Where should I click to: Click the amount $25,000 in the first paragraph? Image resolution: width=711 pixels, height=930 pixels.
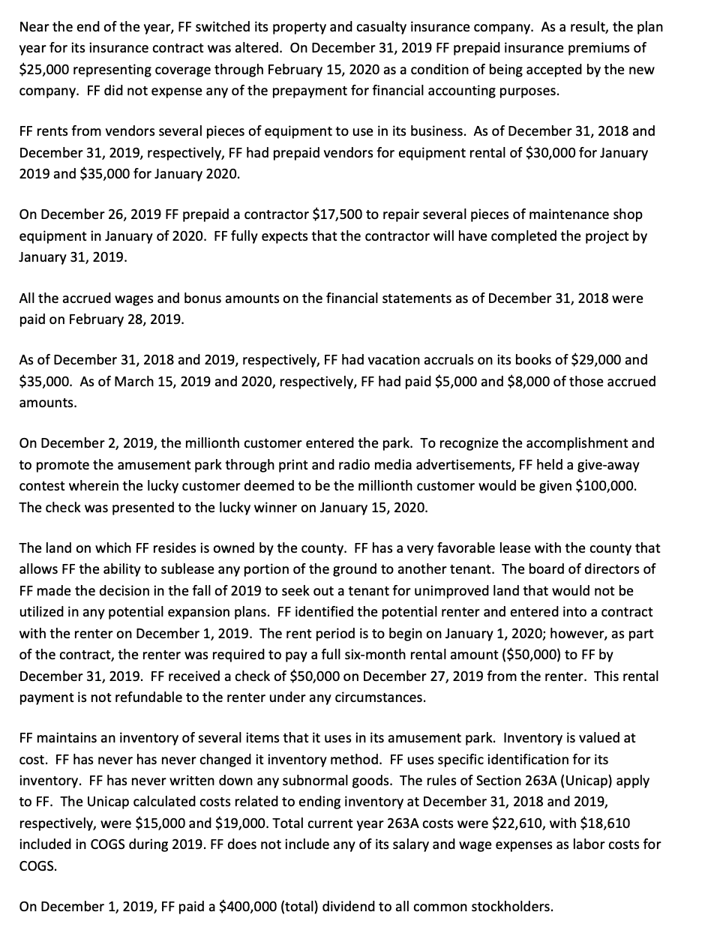pos(42,70)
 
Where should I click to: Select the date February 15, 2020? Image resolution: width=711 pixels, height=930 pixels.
pos(342,70)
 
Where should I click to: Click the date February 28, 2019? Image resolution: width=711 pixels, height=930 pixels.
pos(125,319)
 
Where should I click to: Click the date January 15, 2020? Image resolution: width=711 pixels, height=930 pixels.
pos(373,507)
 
